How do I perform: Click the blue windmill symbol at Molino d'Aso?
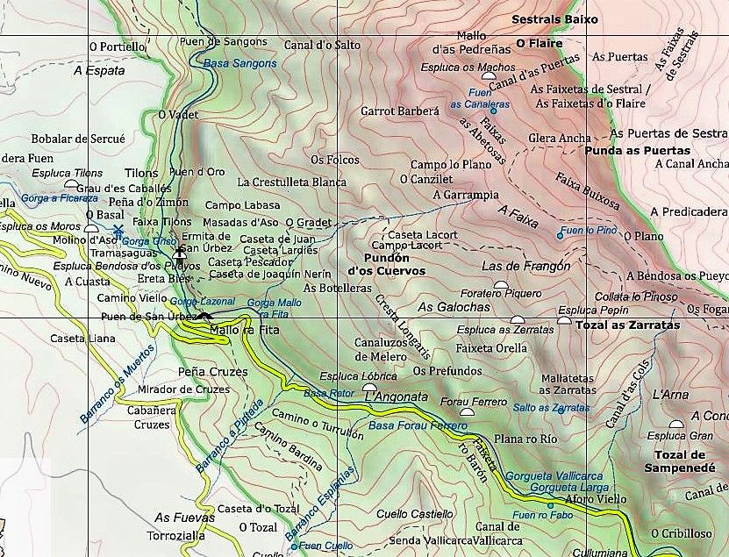coord(118,230)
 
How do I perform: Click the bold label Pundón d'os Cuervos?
coord(387,265)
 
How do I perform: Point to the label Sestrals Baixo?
coord(554,18)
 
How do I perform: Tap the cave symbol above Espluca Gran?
coord(675,425)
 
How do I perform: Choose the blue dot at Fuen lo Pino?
coord(561,235)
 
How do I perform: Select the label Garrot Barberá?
coord(399,111)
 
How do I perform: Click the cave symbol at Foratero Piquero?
coord(500,285)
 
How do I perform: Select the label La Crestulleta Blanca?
coord(292,182)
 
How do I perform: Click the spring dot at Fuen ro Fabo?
coord(550,505)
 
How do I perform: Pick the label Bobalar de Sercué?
coord(66,139)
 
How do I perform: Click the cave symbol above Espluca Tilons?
coord(69,184)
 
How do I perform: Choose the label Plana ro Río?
coord(525,439)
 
